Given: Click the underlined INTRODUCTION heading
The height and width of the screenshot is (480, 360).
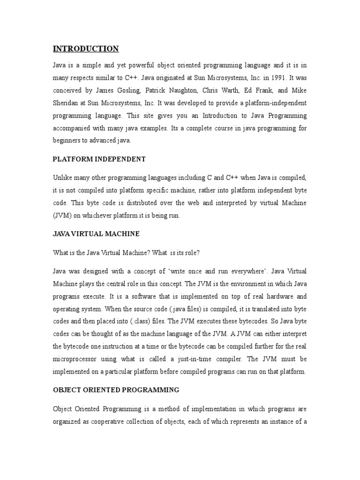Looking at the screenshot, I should [x=85, y=49].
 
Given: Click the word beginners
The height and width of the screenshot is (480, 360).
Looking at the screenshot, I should [x=67, y=140].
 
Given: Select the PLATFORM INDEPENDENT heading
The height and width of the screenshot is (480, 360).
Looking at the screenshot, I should [x=99, y=159].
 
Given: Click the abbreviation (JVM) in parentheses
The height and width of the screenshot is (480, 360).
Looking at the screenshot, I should [x=62, y=216].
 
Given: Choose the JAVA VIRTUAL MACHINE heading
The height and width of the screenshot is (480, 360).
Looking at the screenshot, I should [x=96, y=233].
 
